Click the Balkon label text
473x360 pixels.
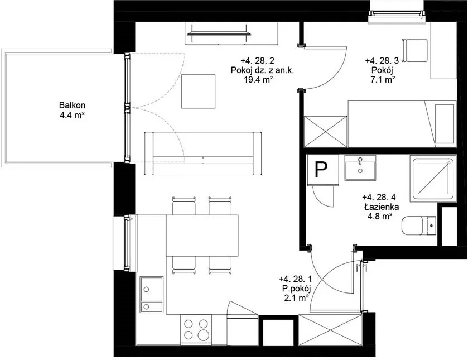72,105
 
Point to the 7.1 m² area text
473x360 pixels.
382,80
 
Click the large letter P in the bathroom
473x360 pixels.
321,170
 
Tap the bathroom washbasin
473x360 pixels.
360,168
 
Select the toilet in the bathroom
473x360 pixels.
419,225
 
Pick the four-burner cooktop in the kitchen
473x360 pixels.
196,329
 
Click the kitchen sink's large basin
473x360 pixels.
151,289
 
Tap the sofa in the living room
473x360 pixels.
203,153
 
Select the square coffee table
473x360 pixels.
198,92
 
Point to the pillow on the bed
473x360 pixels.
445,124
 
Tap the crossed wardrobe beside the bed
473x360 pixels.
326,132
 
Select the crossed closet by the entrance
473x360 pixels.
330,330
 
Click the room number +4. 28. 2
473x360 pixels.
257,61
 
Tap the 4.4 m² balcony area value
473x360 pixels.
72,115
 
